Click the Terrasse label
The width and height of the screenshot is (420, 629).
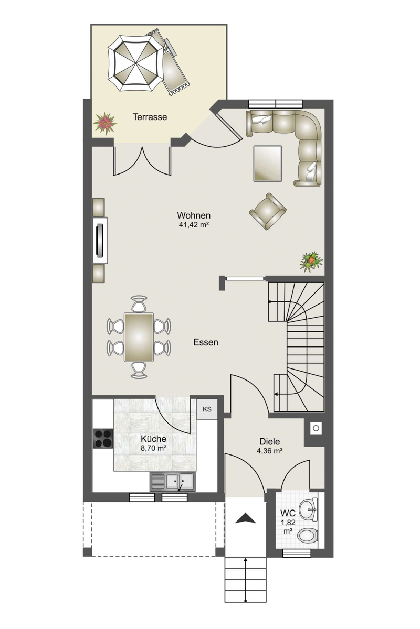[150, 117]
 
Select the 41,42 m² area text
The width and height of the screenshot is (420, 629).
[194, 225]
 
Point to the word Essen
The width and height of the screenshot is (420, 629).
[206, 342]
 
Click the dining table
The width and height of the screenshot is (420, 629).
[139, 337]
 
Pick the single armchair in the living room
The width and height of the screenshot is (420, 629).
[268, 211]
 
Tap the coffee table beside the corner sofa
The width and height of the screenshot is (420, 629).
[268, 164]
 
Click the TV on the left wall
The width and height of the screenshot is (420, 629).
[100, 241]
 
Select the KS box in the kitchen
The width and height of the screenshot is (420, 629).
[207, 409]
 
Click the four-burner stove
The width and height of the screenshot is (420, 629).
[103, 438]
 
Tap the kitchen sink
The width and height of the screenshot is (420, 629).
[172, 482]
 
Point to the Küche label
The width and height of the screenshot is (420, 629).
[153, 439]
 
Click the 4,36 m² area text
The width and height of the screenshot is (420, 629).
[269, 451]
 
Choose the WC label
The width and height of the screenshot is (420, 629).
[288, 513]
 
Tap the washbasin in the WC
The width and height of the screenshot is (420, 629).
[308, 508]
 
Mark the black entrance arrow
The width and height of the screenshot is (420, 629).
[246, 518]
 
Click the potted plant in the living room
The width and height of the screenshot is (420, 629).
[311, 262]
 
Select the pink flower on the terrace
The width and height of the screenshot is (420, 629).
[105, 123]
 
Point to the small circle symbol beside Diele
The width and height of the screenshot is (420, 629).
[316, 428]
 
